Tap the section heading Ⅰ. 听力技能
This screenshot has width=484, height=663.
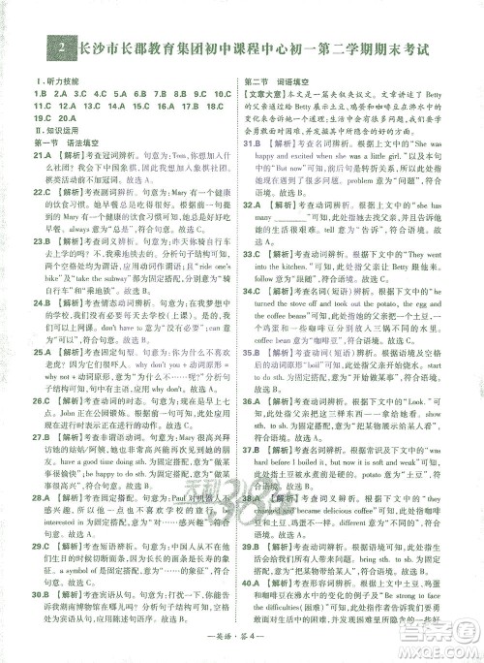(x=54, y=82)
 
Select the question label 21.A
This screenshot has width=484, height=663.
(x=43, y=154)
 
